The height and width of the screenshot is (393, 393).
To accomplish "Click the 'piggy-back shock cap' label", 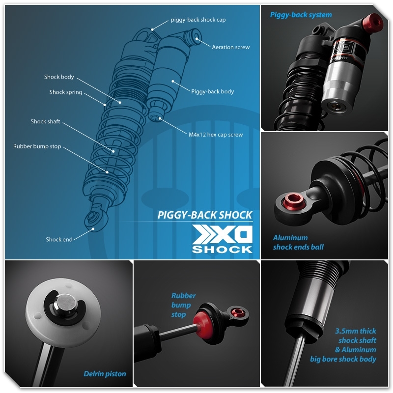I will [x=198, y=20].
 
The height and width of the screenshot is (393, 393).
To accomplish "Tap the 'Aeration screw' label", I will [x=230, y=47].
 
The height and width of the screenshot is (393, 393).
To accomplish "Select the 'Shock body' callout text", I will [x=59, y=77].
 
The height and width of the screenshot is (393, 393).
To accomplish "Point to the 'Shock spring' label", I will [x=66, y=92].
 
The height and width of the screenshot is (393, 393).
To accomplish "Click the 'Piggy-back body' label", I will [x=212, y=91].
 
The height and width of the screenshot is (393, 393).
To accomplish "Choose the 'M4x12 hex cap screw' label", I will [x=216, y=134].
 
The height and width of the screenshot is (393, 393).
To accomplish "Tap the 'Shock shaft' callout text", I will [x=45, y=121].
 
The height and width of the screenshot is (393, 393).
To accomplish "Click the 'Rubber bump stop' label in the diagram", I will [x=37, y=146].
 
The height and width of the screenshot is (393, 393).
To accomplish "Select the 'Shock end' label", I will [x=59, y=239].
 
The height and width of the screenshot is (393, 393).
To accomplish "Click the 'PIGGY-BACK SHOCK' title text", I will [x=205, y=215].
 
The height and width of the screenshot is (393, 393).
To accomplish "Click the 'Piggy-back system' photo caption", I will [x=301, y=15].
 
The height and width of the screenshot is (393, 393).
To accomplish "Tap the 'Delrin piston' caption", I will [x=104, y=374].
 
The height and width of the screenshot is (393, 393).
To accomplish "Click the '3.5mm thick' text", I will [x=356, y=331].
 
